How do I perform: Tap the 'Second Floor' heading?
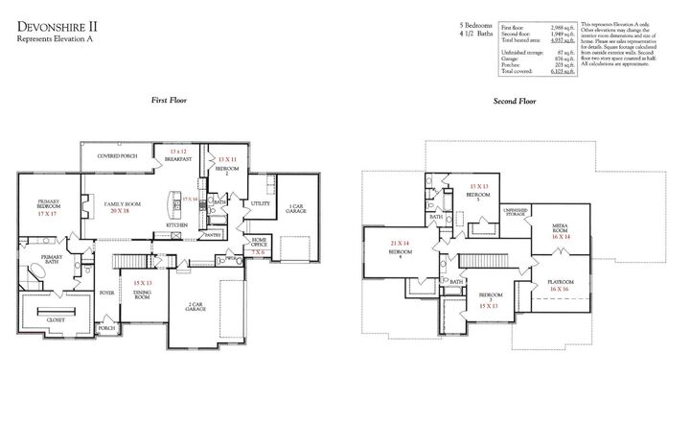[x=515, y=100]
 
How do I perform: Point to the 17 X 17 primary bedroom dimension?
[x=48, y=216]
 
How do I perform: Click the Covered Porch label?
[x=116, y=155]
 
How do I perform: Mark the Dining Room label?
[x=142, y=296]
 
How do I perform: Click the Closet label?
[x=57, y=320]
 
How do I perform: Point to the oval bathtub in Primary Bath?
[x=43, y=270]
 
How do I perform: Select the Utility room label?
[x=259, y=203]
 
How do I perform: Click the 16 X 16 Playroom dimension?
[x=560, y=288]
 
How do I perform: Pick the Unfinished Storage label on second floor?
[x=516, y=214]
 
